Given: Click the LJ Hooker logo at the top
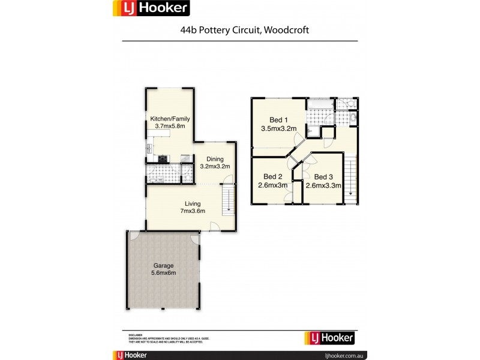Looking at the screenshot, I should [x=151, y=8].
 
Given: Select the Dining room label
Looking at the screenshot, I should [x=214, y=158].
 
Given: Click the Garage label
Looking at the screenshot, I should [x=164, y=265].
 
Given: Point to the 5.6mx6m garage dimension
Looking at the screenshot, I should [x=164, y=274].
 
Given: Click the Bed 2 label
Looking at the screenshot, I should [x=273, y=176].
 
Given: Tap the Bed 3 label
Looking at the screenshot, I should [x=323, y=176].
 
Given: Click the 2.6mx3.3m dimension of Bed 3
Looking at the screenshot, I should [x=323, y=185].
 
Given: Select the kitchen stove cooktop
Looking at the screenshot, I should [x=163, y=159].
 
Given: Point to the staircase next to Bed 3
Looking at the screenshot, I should [x=350, y=178].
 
